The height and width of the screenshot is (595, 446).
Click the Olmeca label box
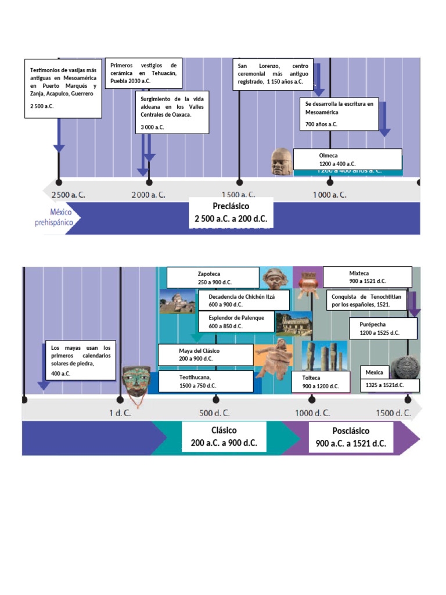click(x=347, y=159)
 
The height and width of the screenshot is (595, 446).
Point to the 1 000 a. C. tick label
click(x=329, y=195)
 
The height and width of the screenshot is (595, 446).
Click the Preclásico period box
click(x=231, y=213)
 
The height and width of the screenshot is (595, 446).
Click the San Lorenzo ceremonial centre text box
click(x=273, y=74)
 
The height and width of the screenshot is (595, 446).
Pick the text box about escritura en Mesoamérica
click(x=340, y=113)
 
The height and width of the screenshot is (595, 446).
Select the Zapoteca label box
click(x=213, y=277)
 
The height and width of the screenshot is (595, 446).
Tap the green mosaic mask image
click(x=136, y=381)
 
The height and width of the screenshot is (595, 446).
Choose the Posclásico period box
click(x=351, y=437)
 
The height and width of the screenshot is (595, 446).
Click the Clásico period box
click(x=224, y=437)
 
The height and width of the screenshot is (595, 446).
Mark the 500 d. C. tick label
click(x=215, y=413)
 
